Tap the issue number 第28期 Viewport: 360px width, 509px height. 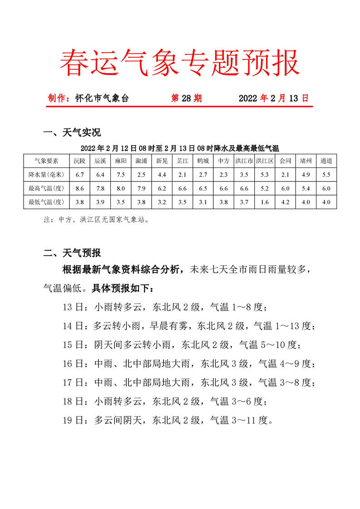[186, 98]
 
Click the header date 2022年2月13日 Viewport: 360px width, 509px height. [273, 98]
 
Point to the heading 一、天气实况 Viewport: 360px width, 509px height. [72, 132]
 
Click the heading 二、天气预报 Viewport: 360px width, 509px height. [72, 253]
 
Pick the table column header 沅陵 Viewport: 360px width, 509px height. [80, 161]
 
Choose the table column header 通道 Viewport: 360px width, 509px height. [326, 161]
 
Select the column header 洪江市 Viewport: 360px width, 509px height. [244, 161]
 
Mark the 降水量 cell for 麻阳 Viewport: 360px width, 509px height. [121, 175]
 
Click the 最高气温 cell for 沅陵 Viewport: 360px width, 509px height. [80, 188]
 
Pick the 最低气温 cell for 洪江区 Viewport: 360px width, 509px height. [265, 202]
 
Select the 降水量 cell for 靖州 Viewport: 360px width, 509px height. [306, 175]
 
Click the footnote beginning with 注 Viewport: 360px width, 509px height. [96, 220]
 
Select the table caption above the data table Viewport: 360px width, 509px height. [180, 148]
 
